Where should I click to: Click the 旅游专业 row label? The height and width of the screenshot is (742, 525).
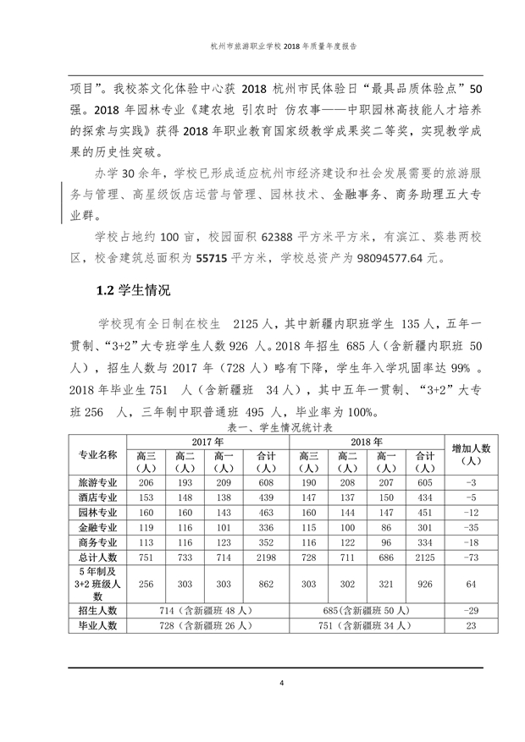click(98, 481)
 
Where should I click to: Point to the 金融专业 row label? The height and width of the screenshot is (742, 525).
click(98, 526)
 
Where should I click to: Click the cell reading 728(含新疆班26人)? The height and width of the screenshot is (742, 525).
click(207, 626)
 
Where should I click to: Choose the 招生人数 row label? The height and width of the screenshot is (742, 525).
click(98, 610)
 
